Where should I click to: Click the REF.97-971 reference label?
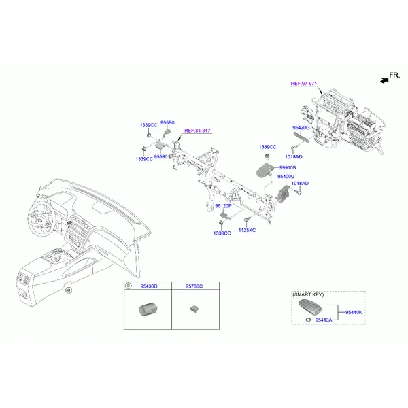coord(304,84)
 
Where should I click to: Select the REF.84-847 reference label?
coord(197,131)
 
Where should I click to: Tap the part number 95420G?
coord(301,128)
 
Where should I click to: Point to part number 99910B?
coord(288,167)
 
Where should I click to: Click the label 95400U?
coord(286,177)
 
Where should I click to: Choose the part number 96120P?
coord(223,206)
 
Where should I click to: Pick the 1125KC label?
coord(247,231)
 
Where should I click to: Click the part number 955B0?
coord(167,123)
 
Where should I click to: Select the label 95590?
coord(160,157)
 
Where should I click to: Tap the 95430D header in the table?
coord(149,286)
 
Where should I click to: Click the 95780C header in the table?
coord(194,286)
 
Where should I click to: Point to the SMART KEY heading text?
coord(308,295)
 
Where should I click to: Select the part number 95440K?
coord(354,313)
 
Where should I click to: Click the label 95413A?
coord(324,320)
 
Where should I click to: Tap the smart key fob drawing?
coord(310,308)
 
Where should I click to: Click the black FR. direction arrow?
coord(384,80)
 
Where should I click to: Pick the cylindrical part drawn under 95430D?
coord(146,309)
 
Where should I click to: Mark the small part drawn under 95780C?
coord(194,309)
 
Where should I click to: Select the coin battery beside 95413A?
coord(308,320)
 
